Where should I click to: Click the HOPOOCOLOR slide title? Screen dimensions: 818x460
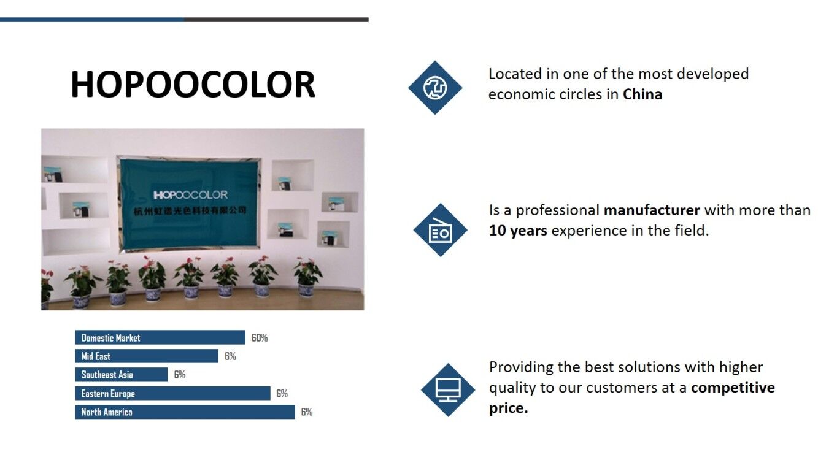click(193, 85)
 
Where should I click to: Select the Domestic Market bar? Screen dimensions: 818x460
click(160, 337)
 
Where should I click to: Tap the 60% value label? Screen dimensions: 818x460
click(260, 338)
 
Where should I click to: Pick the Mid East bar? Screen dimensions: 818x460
click(147, 356)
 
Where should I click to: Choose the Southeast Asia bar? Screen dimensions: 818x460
click(122, 375)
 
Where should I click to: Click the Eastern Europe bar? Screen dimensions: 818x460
click(172, 393)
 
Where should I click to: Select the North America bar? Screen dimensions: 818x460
click(185, 412)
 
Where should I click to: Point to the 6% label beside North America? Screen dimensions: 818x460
click(307, 412)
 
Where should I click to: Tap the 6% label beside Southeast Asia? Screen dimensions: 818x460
click(180, 375)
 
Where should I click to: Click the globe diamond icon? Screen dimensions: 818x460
click(435, 88)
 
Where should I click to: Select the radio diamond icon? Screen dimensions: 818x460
click(440, 230)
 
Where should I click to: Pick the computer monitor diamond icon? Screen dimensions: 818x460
click(448, 390)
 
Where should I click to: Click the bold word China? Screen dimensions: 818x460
click(642, 94)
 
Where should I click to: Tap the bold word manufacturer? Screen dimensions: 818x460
click(652, 210)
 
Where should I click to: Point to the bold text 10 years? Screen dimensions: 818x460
click(518, 231)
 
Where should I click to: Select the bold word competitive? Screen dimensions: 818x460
click(733, 388)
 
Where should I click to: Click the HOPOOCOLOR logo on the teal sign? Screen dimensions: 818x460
click(190, 195)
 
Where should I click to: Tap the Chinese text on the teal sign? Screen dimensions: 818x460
click(190, 210)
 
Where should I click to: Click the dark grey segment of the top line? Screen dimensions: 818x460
click(276, 20)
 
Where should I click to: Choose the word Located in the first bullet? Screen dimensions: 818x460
click(515, 74)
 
